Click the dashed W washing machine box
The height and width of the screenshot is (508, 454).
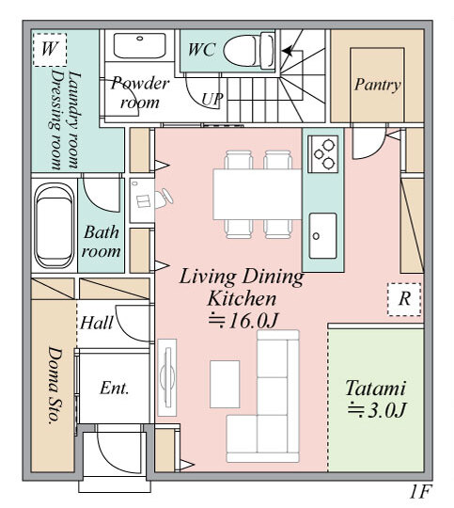(x=50, y=49)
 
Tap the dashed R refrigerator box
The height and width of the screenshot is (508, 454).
(x=404, y=299)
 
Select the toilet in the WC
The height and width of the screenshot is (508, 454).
(x=249, y=50)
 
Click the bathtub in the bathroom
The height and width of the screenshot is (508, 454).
(x=54, y=226)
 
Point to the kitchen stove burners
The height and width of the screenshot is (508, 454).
(x=324, y=154)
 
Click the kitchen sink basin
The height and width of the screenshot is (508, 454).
(x=322, y=235)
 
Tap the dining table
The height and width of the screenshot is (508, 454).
(x=258, y=195)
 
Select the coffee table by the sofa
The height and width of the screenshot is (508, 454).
(x=225, y=384)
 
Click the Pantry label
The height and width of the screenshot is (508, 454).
(x=378, y=85)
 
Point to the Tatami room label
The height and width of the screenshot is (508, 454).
(x=376, y=388)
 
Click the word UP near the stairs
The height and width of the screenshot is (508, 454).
(x=212, y=99)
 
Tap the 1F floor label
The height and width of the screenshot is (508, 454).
(x=419, y=492)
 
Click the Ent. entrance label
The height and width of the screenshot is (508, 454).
(x=115, y=388)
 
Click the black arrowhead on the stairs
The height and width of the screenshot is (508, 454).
(x=287, y=51)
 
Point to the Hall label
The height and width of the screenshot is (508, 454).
(x=97, y=323)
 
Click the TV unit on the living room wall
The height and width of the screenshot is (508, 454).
(x=167, y=377)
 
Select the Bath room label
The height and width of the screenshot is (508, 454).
(x=101, y=242)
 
